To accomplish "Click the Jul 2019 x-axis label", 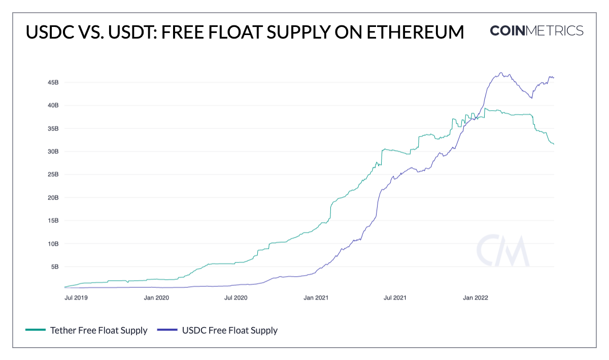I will (x=76, y=298).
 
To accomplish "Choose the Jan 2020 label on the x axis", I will (x=156, y=298).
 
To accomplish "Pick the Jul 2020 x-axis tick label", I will (x=235, y=298).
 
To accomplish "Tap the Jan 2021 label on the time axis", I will (x=316, y=298).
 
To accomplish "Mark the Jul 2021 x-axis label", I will (x=395, y=298).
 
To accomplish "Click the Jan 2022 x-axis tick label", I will (x=475, y=298).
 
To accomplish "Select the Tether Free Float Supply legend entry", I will (x=98, y=331).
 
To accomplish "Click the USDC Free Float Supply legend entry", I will (x=230, y=331).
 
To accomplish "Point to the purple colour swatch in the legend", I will (x=167, y=331).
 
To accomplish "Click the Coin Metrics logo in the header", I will (x=536, y=30).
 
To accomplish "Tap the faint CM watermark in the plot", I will (x=502, y=251).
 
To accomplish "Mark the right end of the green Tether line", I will (x=553, y=144).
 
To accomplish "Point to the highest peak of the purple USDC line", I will (x=501, y=73).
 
